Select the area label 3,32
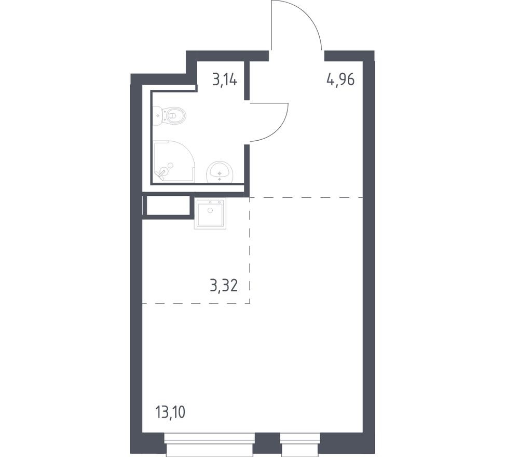point(224,285)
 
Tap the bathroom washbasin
point(220,171)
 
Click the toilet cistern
point(157,115)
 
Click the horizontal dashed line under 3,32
point(196,303)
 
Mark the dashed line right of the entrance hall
point(306,197)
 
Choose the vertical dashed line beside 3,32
point(250,249)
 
